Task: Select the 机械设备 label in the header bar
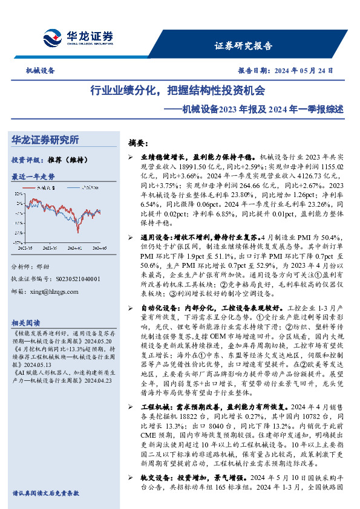tap(40, 70)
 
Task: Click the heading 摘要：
tap(139, 143)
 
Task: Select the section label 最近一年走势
tap(33, 177)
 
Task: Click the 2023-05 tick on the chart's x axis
tap(26, 247)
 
